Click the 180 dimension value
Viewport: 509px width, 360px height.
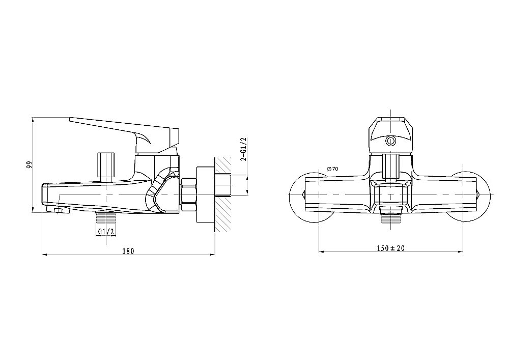click(128, 251)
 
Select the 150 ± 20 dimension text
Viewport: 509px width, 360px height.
click(391, 248)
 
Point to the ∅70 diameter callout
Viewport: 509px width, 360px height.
click(333, 169)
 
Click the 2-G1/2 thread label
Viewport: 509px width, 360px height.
click(243, 149)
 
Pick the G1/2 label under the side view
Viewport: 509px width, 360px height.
click(106, 232)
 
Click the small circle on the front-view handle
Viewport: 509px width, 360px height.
click(390, 141)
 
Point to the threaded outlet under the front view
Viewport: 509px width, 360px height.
click(390, 217)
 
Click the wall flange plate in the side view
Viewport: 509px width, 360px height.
click(205, 195)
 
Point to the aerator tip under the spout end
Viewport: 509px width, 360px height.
click(62, 211)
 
